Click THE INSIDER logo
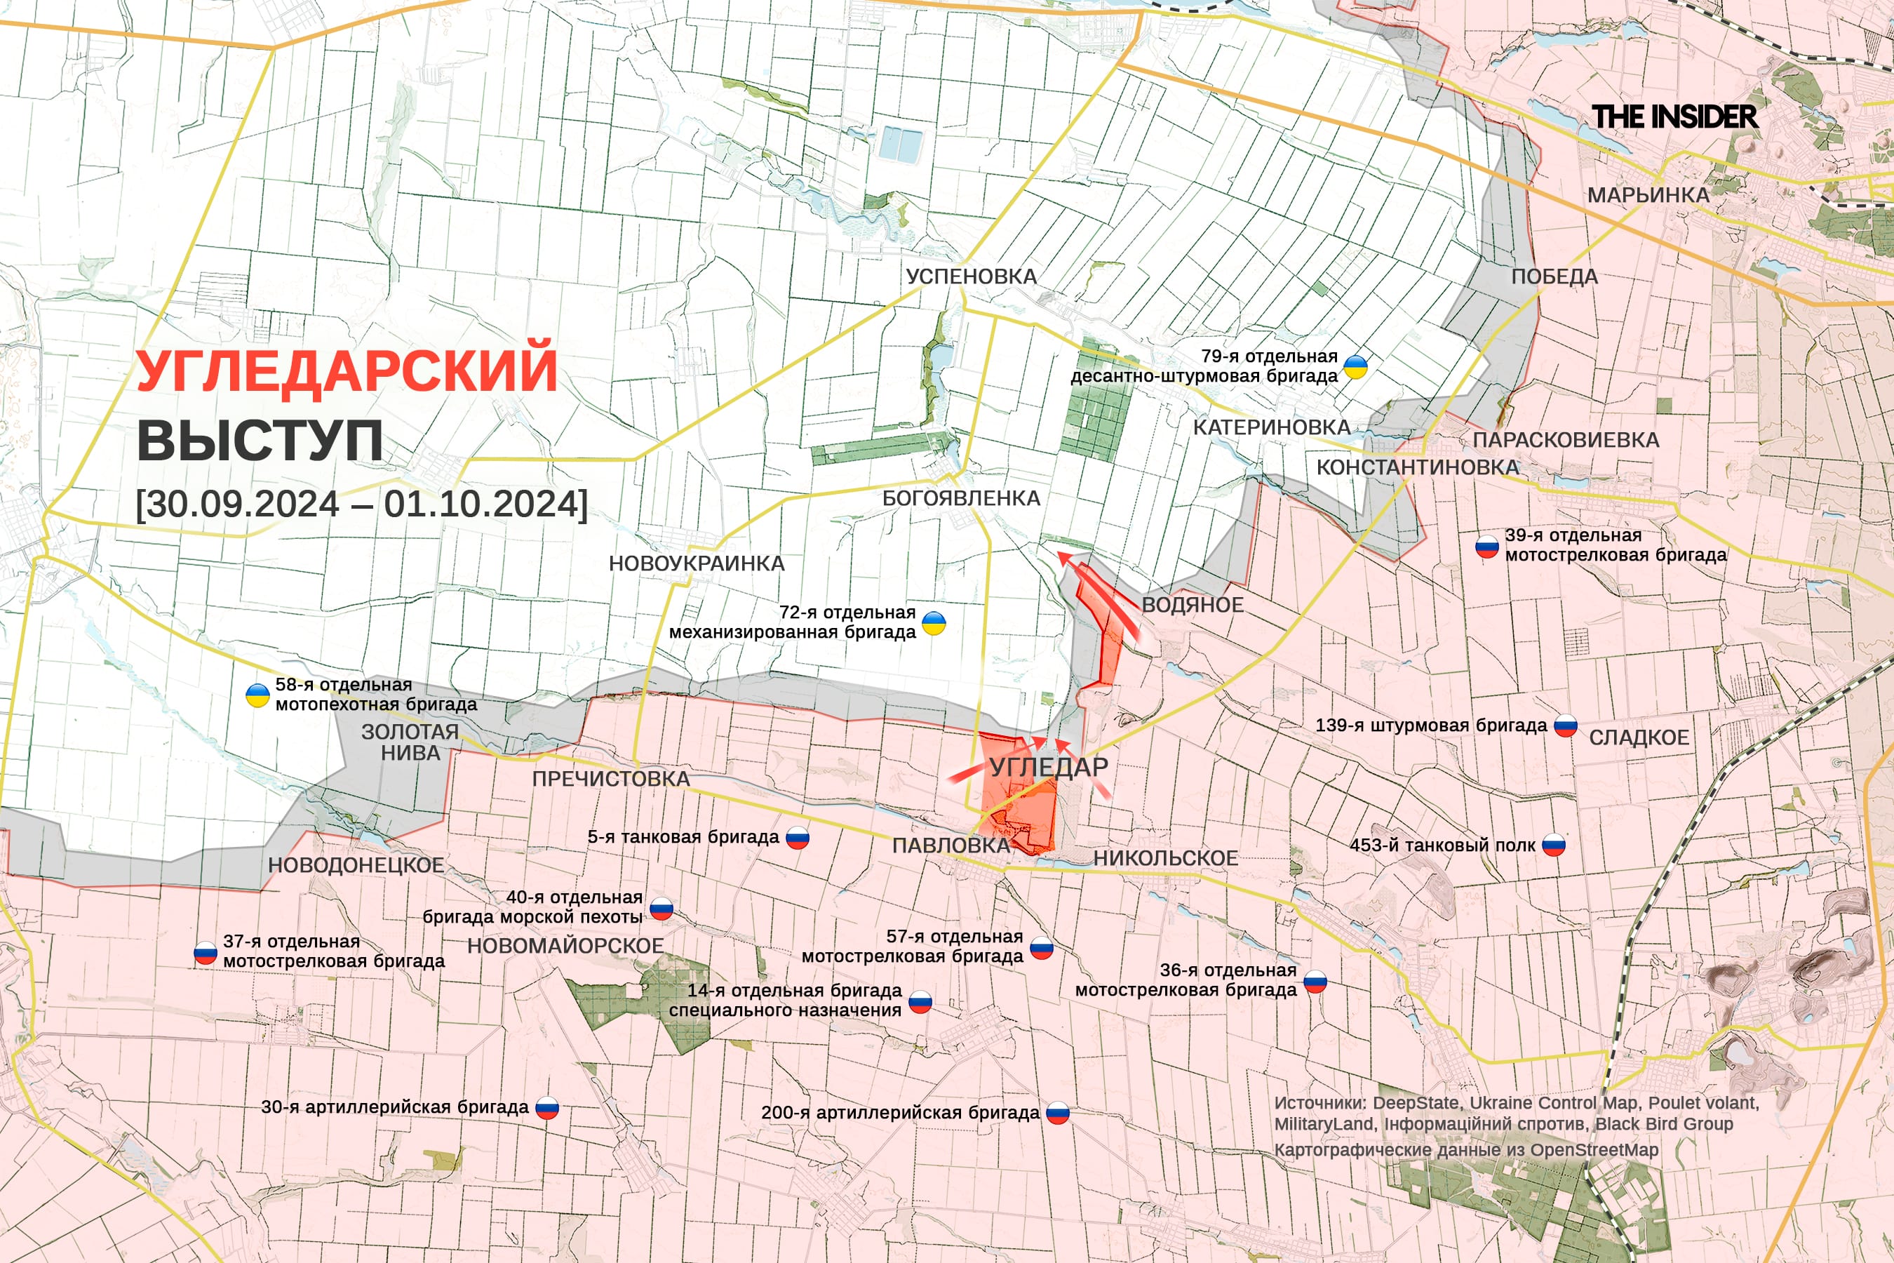click(x=1674, y=116)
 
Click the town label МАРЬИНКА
click(x=1648, y=195)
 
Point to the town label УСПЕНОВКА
click(x=971, y=276)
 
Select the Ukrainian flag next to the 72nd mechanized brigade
click(x=933, y=622)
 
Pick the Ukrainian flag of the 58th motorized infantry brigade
click(x=257, y=695)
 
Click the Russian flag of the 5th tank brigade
click(x=797, y=838)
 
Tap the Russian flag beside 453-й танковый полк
click(x=1553, y=846)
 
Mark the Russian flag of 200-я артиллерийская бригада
click(x=1057, y=1113)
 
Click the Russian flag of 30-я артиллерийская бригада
click(x=546, y=1109)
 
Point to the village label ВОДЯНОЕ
click(x=1192, y=605)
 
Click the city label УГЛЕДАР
click(x=1049, y=767)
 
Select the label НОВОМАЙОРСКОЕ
click(x=565, y=946)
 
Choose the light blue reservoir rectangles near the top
click(x=899, y=144)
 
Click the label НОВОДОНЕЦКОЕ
click(x=356, y=865)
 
